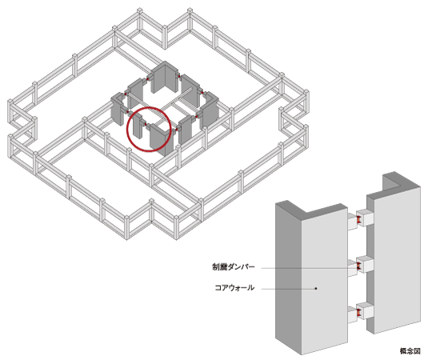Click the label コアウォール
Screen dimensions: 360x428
click(233, 288)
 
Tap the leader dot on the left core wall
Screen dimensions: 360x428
click(317, 288)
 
